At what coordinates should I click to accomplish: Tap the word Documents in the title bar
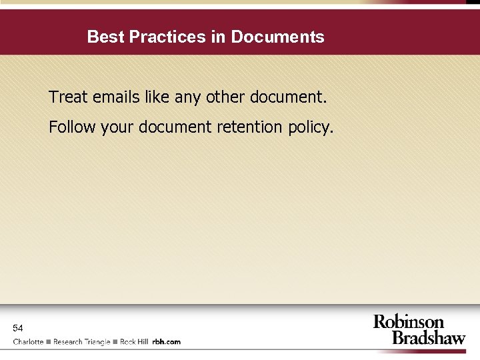[x=277, y=37]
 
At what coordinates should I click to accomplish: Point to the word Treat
[x=68, y=97]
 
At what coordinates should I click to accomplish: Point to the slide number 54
[x=18, y=328]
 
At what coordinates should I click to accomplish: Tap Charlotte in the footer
[x=28, y=342]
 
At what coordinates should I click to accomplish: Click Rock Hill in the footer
[x=134, y=342]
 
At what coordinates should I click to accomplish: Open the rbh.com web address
[x=167, y=342]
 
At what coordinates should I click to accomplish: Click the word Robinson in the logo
[x=408, y=323]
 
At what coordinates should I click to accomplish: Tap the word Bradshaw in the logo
[x=428, y=337]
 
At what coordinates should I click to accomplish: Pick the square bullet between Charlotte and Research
[x=49, y=342]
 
